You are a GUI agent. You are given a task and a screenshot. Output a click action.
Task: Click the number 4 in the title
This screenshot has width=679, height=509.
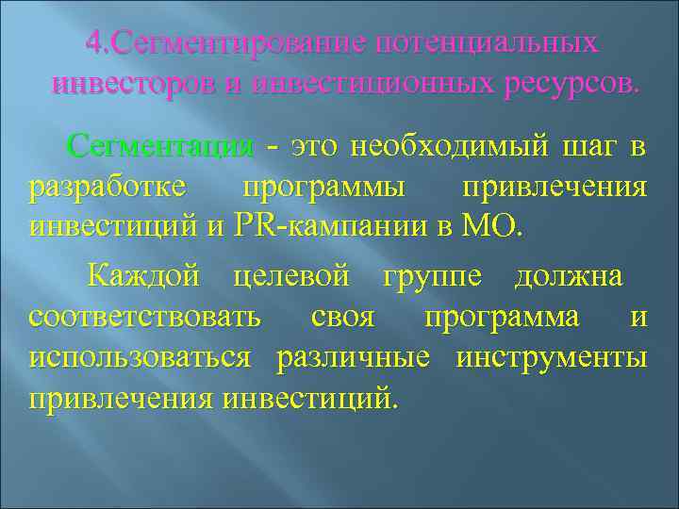tap(92, 44)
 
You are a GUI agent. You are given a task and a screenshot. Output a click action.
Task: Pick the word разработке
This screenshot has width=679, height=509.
tap(108, 187)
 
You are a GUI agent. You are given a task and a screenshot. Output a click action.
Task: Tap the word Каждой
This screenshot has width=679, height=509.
tap(143, 277)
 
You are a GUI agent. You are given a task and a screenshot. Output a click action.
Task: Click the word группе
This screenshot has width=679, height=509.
tap(436, 277)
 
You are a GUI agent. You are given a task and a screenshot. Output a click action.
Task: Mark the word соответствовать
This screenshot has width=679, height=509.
tap(145, 317)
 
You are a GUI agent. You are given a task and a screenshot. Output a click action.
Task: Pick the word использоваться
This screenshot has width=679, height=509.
tap(141, 357)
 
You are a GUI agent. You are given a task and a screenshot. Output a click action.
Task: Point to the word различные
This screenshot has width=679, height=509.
tap(353, 357)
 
